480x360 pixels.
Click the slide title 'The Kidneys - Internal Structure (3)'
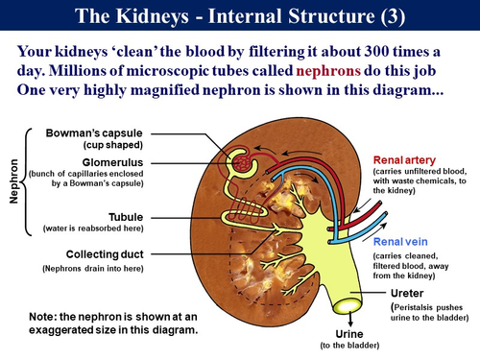point(239,16)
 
